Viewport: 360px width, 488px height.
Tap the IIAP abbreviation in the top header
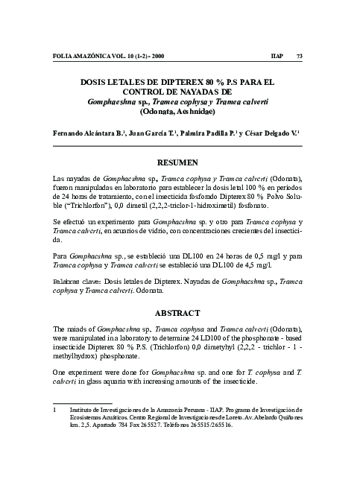[x=276, y=57]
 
